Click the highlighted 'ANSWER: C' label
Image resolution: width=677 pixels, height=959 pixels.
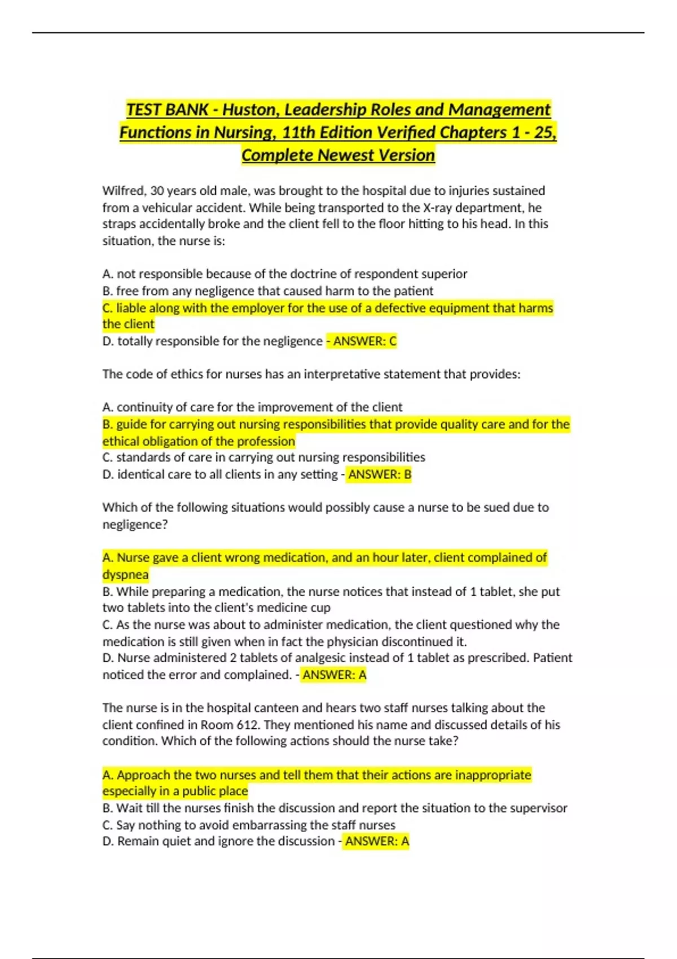(364, 341)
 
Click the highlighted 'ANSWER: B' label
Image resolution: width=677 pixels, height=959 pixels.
(380, 474)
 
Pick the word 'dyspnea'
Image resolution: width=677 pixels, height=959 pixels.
(125, 575)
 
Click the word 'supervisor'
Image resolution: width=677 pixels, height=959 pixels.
(538, 808)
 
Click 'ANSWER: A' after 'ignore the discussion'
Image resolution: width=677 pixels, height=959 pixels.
(377, 841)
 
